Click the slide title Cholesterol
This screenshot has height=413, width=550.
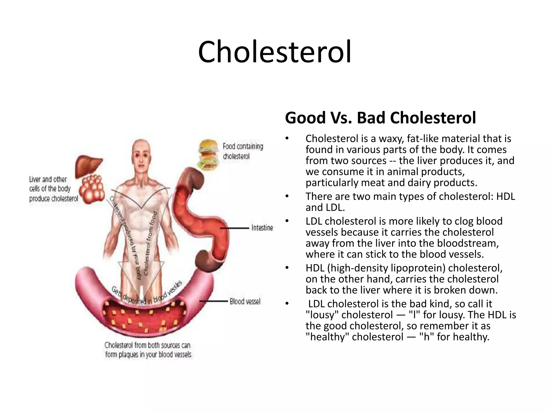(274, 52)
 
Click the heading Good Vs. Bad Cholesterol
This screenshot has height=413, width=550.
(380, 118)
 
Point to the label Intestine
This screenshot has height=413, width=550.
(262, 228)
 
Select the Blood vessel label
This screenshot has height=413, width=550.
(245, 301)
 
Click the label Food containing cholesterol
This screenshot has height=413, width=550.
(243, 151)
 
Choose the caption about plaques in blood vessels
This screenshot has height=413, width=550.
(148, 350)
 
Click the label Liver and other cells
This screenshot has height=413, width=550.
(53, 189)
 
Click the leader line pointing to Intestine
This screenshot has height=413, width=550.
(235, 228)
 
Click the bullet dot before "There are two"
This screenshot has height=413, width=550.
(287, 197)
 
